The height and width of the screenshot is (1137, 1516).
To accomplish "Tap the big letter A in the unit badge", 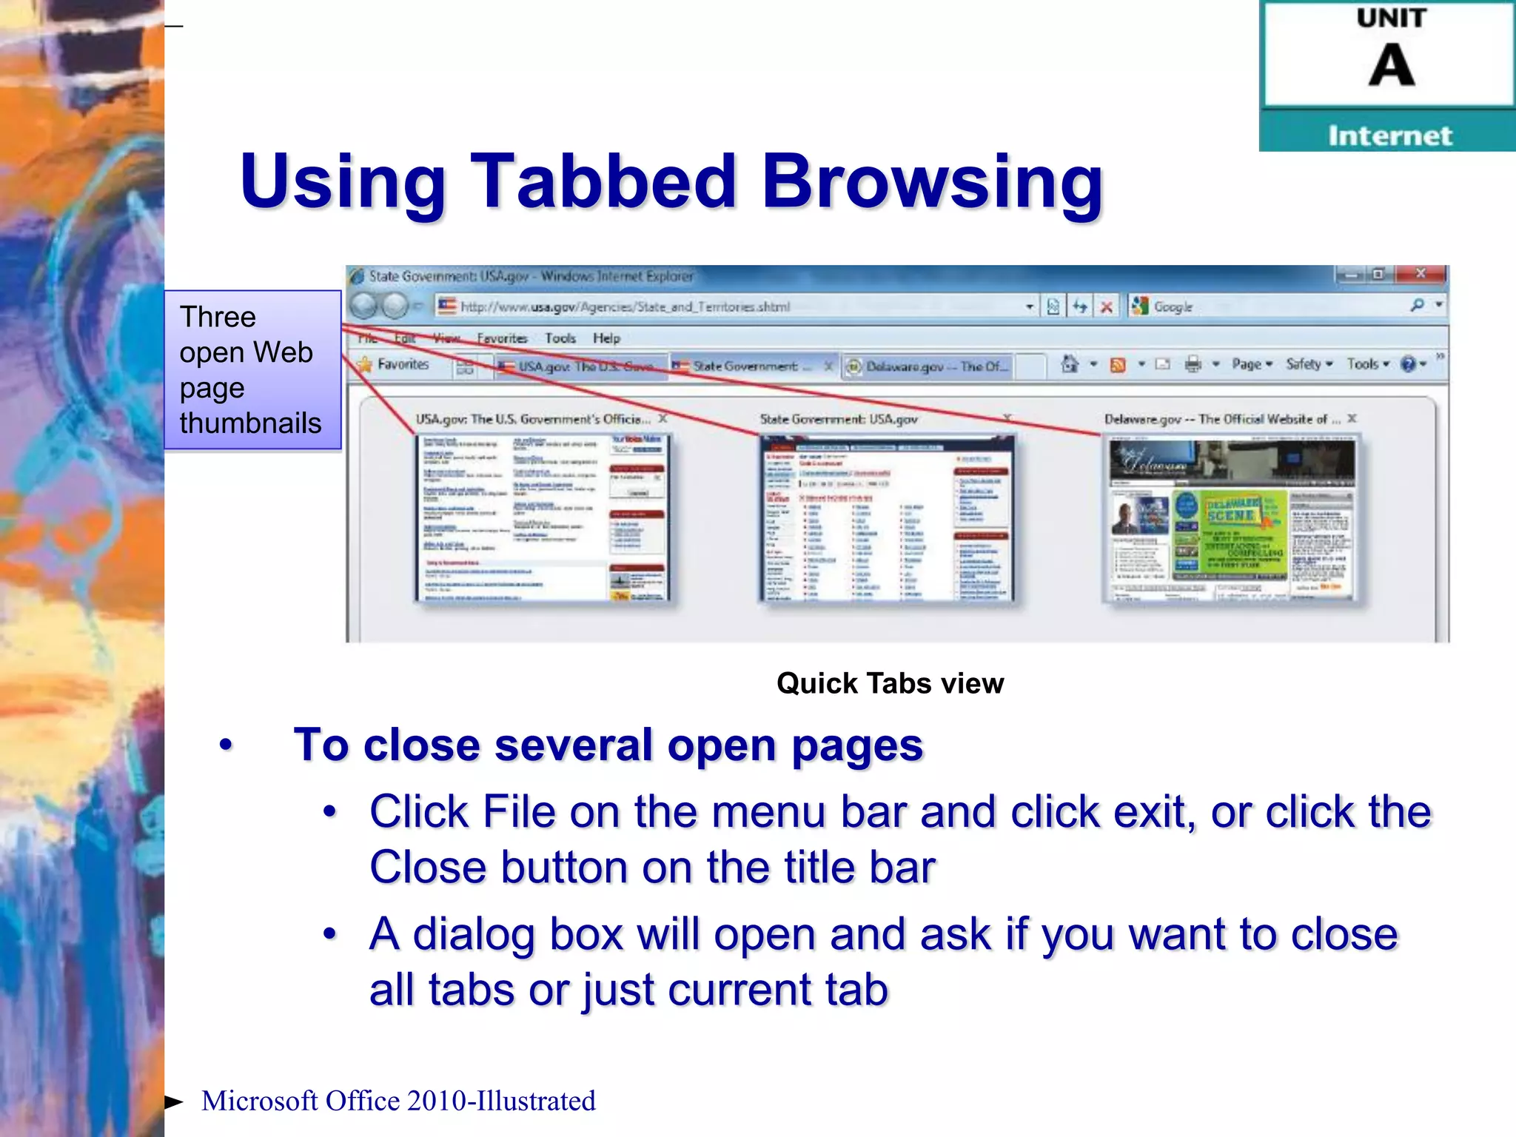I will (x=1391, y=65).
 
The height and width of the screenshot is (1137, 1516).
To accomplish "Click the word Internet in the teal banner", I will (x=1389, y=135).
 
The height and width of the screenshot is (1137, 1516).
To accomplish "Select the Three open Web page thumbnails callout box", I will (x=252, y=369).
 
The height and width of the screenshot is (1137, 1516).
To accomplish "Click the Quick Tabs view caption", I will (x=890, y=682).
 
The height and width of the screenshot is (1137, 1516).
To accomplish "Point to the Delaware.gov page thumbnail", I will (x=1231, y=518).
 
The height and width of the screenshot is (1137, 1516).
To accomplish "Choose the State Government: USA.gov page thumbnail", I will (x=886, y=518).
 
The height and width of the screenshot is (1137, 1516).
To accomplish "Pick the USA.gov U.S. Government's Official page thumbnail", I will (x=543, y=518).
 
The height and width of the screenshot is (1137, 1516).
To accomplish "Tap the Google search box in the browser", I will (x=1273, y=306).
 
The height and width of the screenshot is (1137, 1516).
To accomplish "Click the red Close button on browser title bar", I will (x=1420, y=274).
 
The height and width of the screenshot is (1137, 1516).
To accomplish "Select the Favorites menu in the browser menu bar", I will (x=502, y=338).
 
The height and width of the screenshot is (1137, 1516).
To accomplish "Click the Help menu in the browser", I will (x=606, y=338).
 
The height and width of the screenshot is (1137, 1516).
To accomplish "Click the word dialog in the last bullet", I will (x=474, y=934).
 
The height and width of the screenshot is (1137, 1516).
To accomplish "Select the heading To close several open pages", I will (x=608, y=745).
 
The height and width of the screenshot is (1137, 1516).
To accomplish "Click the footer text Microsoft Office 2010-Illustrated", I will (x=398, y=1101).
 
